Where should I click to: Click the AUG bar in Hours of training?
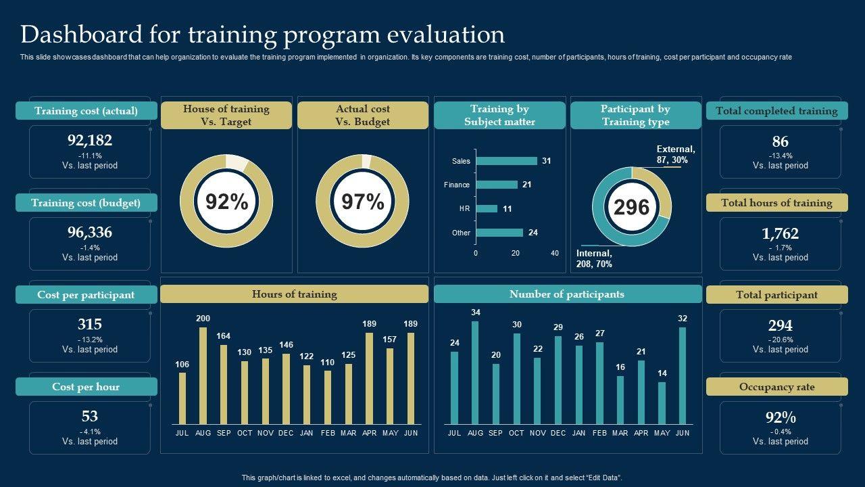pyautogui.click(x=203, y=375)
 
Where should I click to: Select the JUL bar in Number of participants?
pyautogui.click(x=454, y=388)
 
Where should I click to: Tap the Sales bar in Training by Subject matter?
pyautogui.click(x=506, y=161)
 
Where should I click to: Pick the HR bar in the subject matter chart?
pyautogui.click(x=487, y=209)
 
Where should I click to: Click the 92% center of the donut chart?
pyautogui.click(x=226, y=202)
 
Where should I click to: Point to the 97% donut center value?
pyautogui.click(x=363, y=202)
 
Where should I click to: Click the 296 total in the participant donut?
pyautogui.click(x=631, y=207)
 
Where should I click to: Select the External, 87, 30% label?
pyautogui.click(x=675, y=154)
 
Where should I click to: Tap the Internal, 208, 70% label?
pyautogui.click(x=594, y=258)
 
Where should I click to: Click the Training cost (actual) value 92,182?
pyautogui.click(x=90, y=141)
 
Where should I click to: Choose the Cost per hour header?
pyautogui.click(x=86, y=387)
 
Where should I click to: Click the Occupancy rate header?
pyautogui.click(x=776, y=387)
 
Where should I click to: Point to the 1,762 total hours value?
pyautogui.click(x=780, y=233)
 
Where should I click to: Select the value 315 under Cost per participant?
pyautogui.click(x=90, y=325)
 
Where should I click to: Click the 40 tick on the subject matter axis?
pyautogui.click(x=555, y=253)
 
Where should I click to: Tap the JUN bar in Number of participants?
pyautogui.click(x=683, y=375)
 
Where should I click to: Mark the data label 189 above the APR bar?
pyautogui.click(x=369, y=324)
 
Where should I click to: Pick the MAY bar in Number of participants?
pyautogui.click(x=662, y=403)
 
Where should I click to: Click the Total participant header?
pyautogui.click(x=776, y=295)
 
